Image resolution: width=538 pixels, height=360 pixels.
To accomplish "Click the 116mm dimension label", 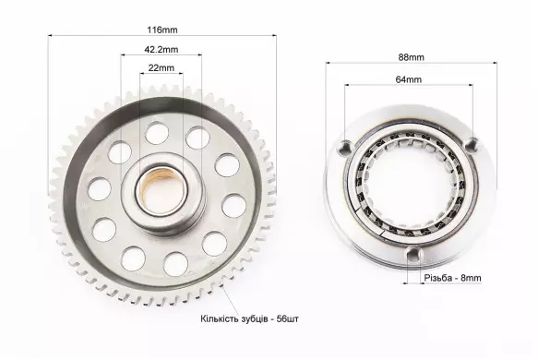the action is tap(162, 30).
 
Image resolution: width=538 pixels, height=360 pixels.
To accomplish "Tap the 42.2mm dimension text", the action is tap(161, 50).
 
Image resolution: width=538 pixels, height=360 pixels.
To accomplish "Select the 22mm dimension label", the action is tap(161, 68).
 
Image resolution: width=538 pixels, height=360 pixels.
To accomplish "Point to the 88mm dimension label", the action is tap(411, 57).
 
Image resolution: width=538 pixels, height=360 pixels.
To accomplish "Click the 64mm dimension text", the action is tap(408, 79).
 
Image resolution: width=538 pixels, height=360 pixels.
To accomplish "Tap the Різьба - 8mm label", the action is tap(452, 278).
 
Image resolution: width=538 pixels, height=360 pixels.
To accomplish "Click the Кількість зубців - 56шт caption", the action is tap(249, 318).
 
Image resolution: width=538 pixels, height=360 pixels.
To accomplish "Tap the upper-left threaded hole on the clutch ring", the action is tap(346, 146).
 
